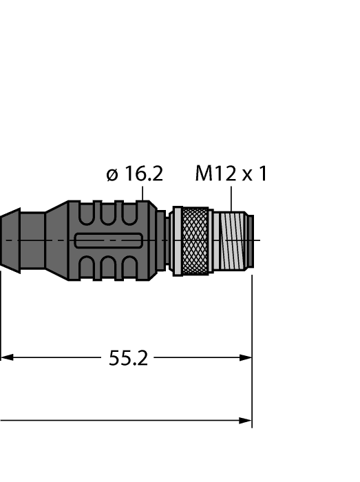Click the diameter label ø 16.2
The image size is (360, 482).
[135, 174]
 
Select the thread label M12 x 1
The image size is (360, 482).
[231, 174]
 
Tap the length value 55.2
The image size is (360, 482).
[128, 358]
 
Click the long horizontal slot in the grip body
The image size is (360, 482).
[109, 240]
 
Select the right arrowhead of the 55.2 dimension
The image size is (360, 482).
[246, 357]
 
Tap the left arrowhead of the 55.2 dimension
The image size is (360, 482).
[6, 357]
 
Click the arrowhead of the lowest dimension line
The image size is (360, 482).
[246, 419]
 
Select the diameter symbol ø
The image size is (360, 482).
[113, 175]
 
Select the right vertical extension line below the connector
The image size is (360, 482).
[253, 344]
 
